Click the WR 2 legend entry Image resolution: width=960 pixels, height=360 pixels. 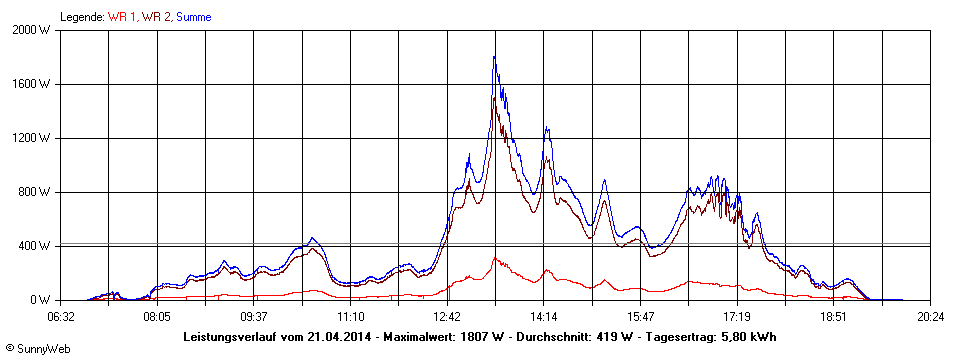point(157,17)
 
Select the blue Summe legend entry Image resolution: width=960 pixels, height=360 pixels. point(194,17)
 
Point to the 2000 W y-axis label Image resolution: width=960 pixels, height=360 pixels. point(33,30)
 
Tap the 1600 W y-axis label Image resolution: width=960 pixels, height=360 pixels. point(33,84)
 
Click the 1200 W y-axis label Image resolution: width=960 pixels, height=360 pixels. point(33,138)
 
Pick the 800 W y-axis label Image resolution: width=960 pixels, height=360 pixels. point(36,192)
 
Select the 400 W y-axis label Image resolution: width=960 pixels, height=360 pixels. point(36,246)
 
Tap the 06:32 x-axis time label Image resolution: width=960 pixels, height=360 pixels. point(61,316)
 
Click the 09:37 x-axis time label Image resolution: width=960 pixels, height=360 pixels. point(254,316)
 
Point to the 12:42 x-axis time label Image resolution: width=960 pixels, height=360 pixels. point(447,316)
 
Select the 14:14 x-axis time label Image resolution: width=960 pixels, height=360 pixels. point(544,316)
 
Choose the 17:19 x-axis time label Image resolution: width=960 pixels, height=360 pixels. point(737,316)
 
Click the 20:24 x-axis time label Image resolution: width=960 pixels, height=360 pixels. point(930,316)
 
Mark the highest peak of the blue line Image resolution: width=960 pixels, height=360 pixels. point(494,57)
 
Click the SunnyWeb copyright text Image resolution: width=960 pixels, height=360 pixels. point(34,349)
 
